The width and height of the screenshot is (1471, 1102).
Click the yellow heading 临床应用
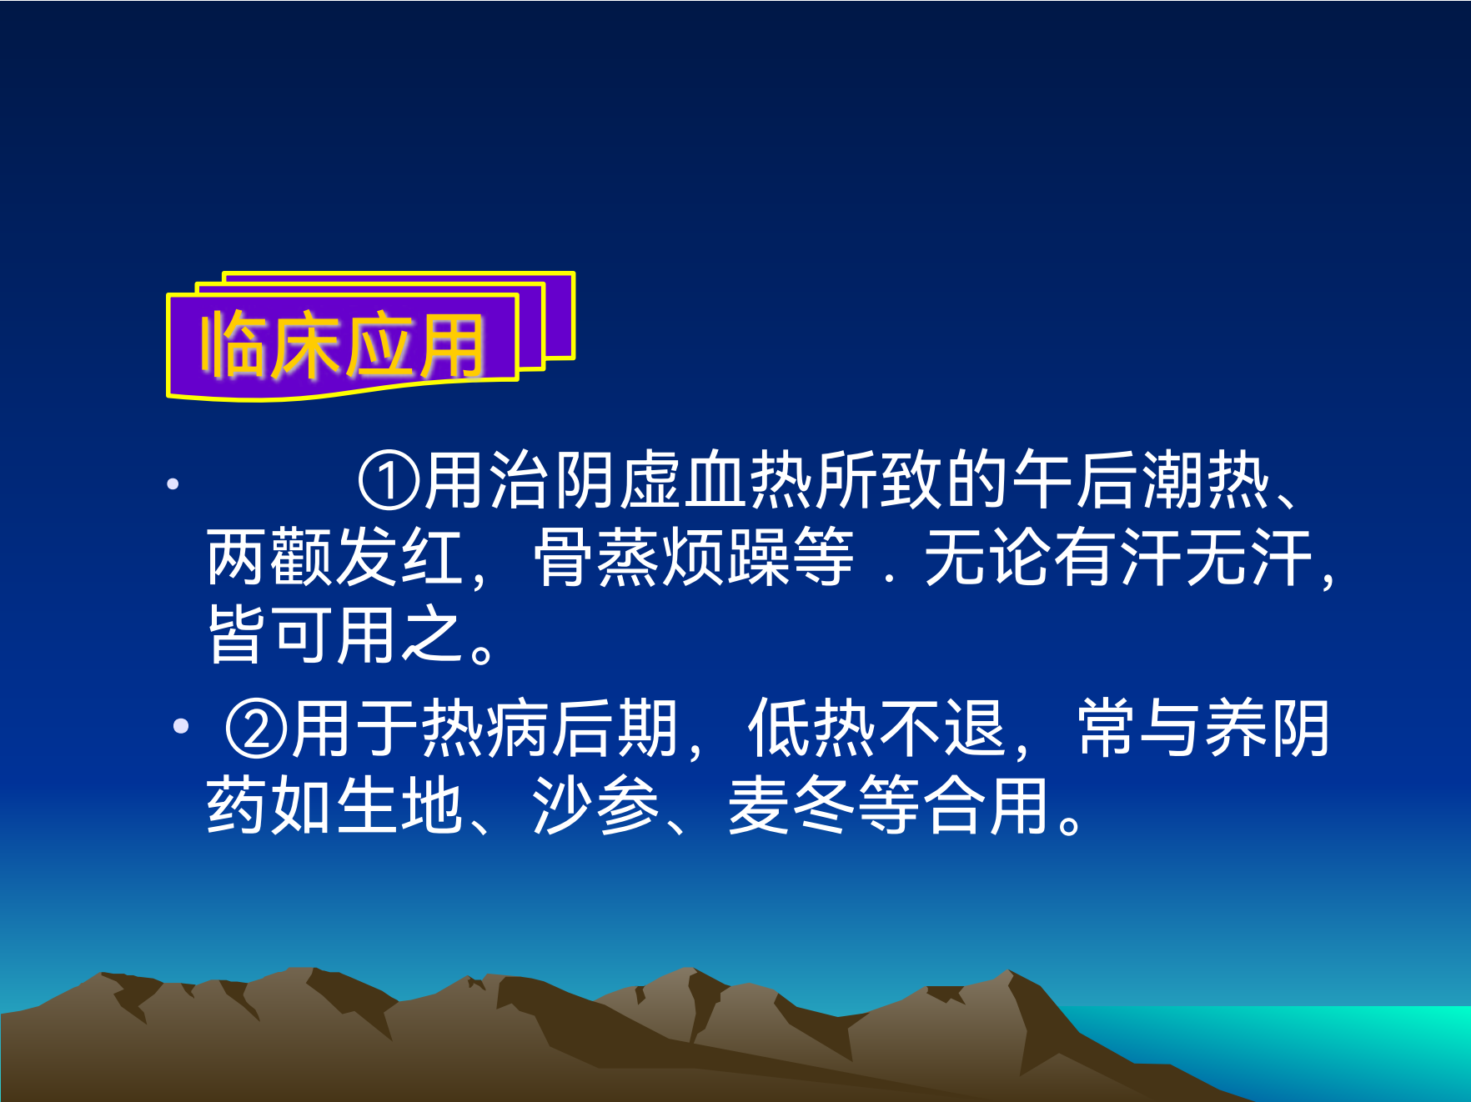pyautogui.click(x=342, y=344)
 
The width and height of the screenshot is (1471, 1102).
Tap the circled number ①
pyautogui.click(x=389, y=481)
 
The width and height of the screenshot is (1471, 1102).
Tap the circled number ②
pyautogui.click(x=257, y=729)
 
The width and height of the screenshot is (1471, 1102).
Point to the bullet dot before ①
pyautogui.click(x=173, y=483)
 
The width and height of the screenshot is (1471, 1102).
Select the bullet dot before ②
pyautogui.click(x=181, y=726)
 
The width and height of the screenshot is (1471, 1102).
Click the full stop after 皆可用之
pyautogui.click(x=482, y=651)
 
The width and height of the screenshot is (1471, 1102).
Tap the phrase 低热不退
pyautogui.click(x=876, y=729)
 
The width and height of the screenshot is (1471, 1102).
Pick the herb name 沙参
pyautogui.click(x=596, y=805)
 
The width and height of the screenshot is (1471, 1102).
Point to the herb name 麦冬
pyautogui.click(x=792, y=805)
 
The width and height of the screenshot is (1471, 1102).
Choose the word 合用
pyautogui.click(x=987, y=805)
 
